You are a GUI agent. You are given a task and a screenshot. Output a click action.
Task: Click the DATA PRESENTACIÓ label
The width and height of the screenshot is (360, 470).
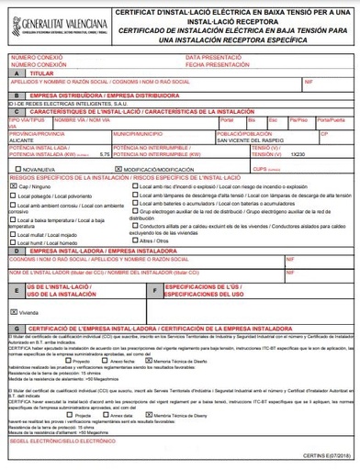pyautogui.click(x=212, y=57)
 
